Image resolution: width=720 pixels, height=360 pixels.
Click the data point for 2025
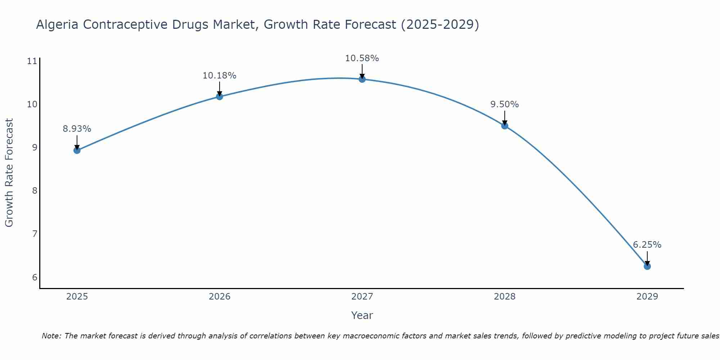click(x=77, y=150)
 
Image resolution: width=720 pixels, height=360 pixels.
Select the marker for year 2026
click(x=219, y=96)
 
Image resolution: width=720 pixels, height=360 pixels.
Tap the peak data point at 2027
click(x=362, y=79)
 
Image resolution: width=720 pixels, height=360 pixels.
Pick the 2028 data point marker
click(x=504, y=126)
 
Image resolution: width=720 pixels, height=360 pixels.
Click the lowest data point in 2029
click(x=647, y=266)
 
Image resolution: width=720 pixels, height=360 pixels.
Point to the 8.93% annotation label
click(x=77, y=129)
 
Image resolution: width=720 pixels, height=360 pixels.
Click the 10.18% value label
click(x=219, y=76)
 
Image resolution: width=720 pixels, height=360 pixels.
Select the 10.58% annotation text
click(x=362, y=58)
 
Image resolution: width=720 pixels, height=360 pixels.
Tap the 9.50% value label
click(x=504, y=104)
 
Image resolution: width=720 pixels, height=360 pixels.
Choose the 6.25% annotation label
click(x=647, y=245)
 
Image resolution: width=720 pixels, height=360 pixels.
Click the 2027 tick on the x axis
click(x=362, y=297)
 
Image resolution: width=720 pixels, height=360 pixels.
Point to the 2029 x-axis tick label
click(x=647, y=297)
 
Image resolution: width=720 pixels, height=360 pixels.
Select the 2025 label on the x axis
click(x=77, y=297)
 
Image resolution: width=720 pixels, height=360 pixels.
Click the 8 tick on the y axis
click(x=35, y=190)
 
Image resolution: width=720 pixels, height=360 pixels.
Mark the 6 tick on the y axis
click(x=35, y=277)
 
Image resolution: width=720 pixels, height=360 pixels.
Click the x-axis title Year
click(x=362, y=315)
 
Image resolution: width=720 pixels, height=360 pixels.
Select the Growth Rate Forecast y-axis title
click(x=9, y=173)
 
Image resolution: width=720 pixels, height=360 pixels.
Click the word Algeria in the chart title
click(x=58, y=24)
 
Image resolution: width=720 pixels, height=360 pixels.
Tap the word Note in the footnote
click(x=51, y=336)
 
